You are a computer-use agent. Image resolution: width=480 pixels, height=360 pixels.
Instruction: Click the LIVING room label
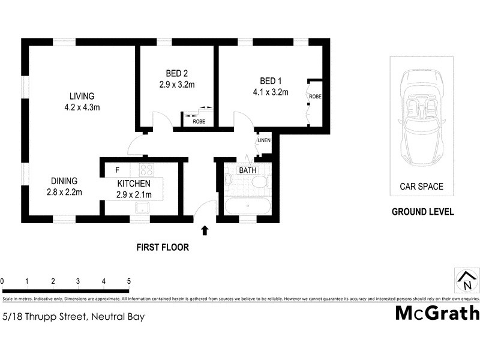pos(82,97)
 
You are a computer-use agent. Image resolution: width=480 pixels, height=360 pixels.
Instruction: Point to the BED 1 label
pos(271,82)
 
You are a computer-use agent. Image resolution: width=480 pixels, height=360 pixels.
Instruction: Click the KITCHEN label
pos(134,184)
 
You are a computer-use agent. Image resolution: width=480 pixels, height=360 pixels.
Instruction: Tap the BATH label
pos(247,170)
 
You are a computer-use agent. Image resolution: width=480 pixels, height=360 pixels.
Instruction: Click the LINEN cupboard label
pos(264,141)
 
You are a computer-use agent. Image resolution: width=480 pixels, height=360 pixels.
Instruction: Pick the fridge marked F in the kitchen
pos(118,170)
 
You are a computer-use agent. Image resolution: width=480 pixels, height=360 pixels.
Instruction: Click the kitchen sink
pos(143,208)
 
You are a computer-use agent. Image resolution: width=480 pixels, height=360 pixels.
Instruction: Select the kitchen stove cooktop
pos(146,170)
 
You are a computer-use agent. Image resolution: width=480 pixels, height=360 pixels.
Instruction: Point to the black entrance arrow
pos(205,230)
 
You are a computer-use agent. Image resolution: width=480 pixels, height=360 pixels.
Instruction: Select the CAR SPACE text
pos(422,187)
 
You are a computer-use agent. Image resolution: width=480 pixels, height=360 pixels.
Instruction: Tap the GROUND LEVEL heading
pos(422,212)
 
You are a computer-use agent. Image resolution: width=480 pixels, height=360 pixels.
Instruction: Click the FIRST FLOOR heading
pos(163,247)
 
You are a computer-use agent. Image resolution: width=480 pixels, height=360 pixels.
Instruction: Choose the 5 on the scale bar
pos(129,281)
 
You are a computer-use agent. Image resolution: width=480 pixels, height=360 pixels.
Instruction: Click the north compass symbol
pos(466,281)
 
